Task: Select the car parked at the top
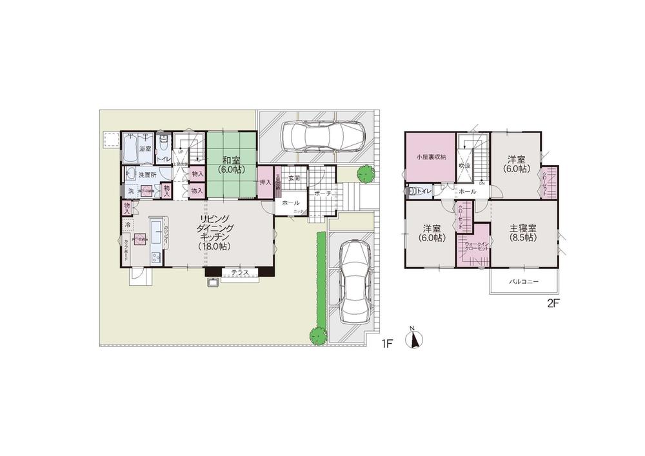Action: coord(322,135)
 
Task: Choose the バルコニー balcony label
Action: coord(523,282)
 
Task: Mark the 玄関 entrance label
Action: coord(294,177)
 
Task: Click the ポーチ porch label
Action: coord(323,193)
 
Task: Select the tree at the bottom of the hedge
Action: coord(316,335)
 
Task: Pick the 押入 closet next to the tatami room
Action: coord(264,183)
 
